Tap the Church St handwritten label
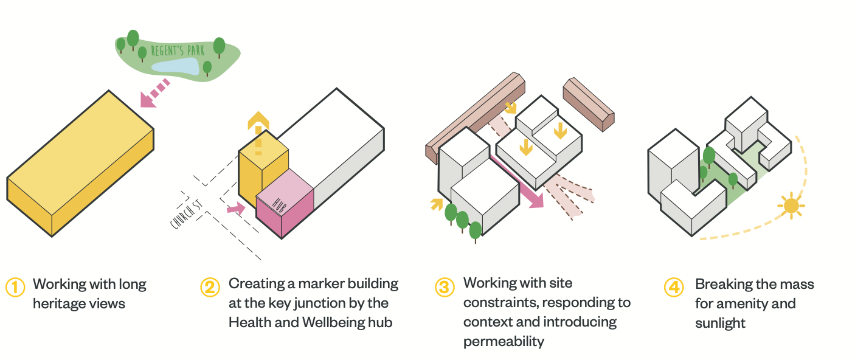pos(186,214)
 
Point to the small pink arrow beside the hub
pos(235,209)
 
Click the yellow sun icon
pos(791,206)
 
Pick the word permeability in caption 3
pos(504,341)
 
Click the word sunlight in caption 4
pos(720,322)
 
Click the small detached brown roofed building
pos(587,103)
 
